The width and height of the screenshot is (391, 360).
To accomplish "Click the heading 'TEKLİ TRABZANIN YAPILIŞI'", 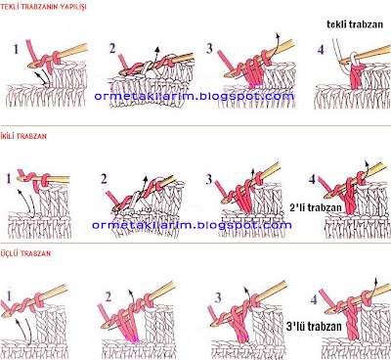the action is click(x=43, y=7).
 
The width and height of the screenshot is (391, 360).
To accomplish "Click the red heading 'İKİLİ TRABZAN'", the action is click(x=23, y=136).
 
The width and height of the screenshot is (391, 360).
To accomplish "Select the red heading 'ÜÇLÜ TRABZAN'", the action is click(x=25, y=253).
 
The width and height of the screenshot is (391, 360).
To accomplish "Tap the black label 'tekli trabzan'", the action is click(x=355, y=24).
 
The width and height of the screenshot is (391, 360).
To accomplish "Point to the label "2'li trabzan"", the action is click(x=316, y=207).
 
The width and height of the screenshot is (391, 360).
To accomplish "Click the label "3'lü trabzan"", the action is click(x=314, y=327).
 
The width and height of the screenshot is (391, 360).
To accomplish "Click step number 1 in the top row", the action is click(x=17, y=49).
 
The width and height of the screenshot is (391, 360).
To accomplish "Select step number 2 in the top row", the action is click(x=112, y=49).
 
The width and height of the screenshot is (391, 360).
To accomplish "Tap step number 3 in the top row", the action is click(x=209, y=49).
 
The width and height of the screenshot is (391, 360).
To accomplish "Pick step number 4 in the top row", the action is click(x=321, y=50).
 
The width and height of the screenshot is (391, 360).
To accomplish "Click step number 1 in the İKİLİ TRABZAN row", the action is click(x=9, y=179).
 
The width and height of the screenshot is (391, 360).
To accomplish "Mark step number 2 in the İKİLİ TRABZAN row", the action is click(x=104, y=179).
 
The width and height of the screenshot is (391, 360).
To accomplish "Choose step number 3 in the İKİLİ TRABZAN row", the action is click(x=209, y=179).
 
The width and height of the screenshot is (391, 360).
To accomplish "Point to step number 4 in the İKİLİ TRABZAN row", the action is click(x=312, y=179).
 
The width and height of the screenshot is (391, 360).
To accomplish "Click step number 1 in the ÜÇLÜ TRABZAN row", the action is click(x=9, y=296).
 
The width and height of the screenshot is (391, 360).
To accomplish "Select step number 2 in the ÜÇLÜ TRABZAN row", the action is click(x=109, y=296).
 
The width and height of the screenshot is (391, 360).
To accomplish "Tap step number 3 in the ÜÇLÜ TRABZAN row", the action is click(x=218, y=297).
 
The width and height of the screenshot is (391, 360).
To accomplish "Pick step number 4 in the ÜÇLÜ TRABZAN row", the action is click(x=314, y=299).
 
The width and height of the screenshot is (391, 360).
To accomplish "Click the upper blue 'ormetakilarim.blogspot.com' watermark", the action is click(x=195, y=97).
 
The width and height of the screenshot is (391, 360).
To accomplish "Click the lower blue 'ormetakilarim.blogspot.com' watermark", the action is click(x=192, y=225).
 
